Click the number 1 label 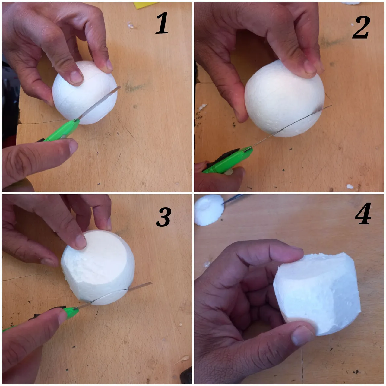[x=162, y=23]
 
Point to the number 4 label [x=363, y=214]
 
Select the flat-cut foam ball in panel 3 [x=98, y=267]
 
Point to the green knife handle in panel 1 [x=60, y=131]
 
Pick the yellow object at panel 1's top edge [x=145, y=5]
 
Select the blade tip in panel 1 [x=120, y=87]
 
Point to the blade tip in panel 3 [x=152, y=283]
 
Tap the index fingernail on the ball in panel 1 [x=76, y=77]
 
